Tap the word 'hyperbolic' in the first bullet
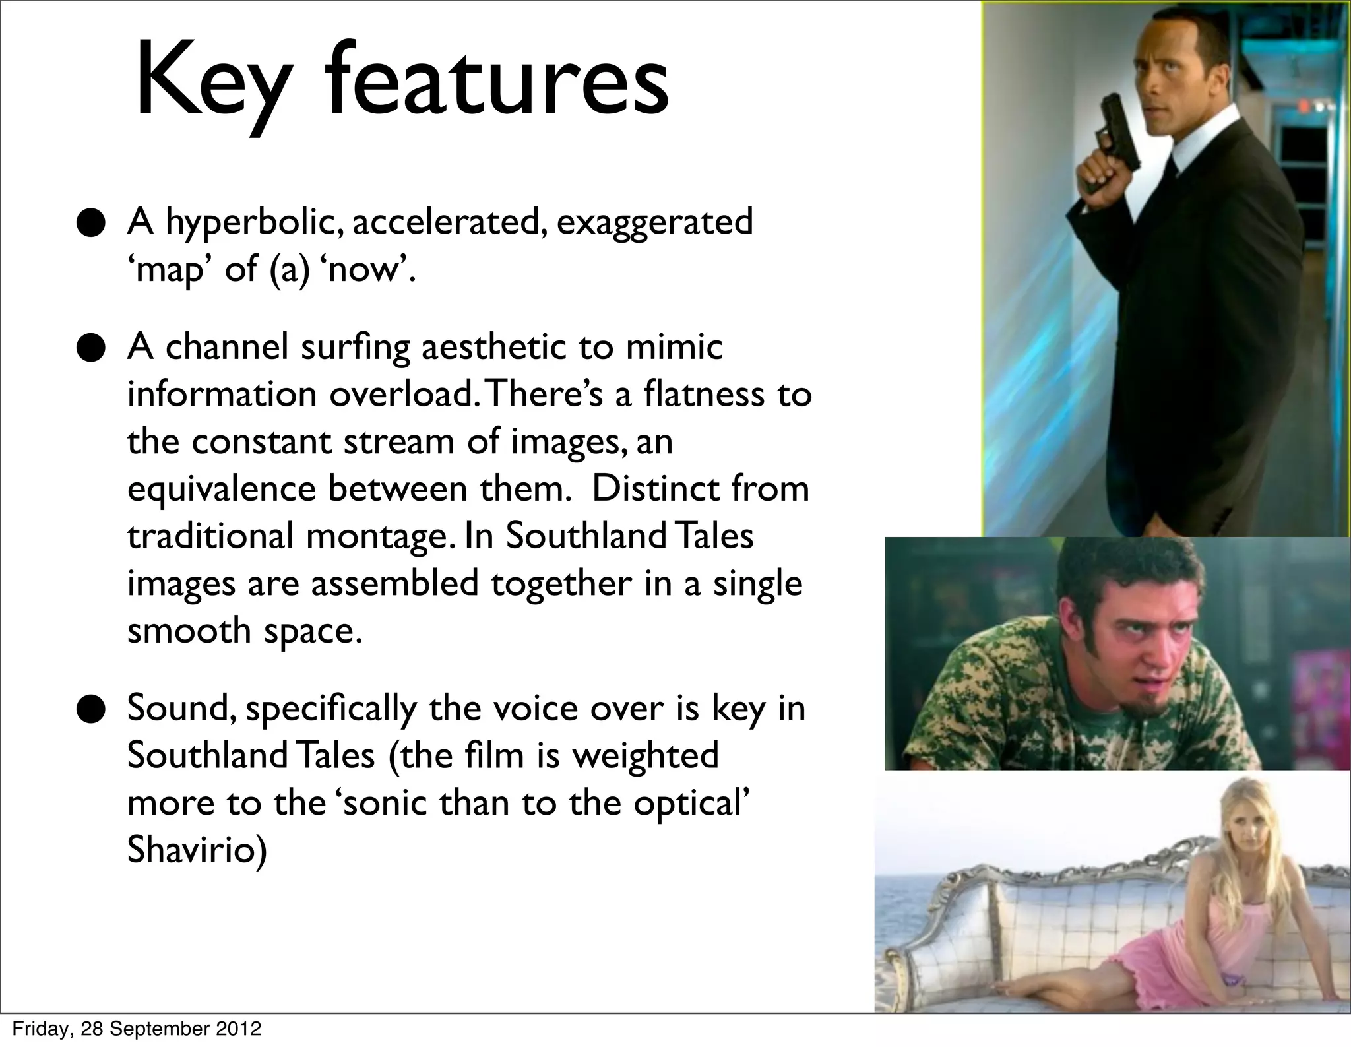(253, 222)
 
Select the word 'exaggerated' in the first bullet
(654, 222)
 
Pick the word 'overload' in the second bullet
(400, 395)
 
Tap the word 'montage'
(380, 537)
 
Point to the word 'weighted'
(645, 756)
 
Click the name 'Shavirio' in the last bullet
(197, 851)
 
